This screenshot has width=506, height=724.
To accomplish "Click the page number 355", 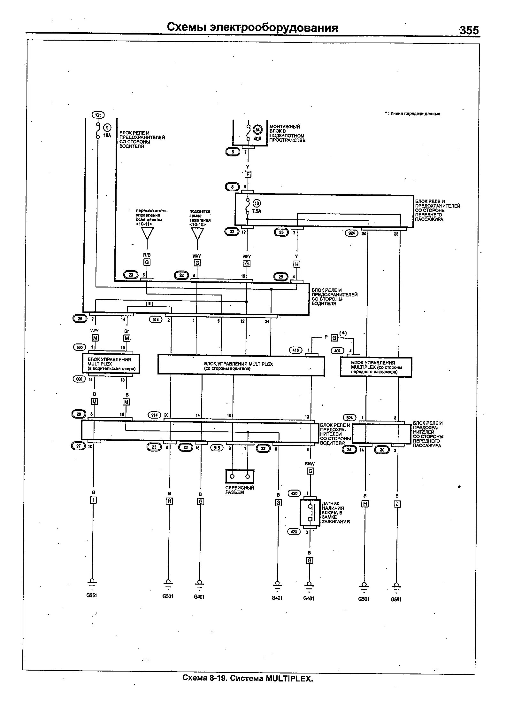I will (x=469, y=30).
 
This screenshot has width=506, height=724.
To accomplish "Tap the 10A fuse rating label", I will (x=107, y=135).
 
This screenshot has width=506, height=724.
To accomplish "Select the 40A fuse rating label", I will (x=257, y=139).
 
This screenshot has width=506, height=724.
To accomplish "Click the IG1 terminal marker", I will (x=98, y=115).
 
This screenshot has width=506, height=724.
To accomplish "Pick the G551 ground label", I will (x=91, y=595).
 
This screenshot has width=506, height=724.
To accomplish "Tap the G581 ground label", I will (x=396, y=599).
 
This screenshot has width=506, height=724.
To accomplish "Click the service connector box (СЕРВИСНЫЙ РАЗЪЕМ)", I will (x=240, y=476).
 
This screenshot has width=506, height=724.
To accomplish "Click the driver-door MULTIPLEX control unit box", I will (x=111, y=364).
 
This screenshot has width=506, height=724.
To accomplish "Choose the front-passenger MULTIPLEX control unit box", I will (x=376, y=367).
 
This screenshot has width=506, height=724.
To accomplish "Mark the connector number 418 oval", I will (x=295, y=350).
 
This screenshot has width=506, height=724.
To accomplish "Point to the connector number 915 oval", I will (x=217, y=448).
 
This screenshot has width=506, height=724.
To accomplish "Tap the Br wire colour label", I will (x=126, y=331).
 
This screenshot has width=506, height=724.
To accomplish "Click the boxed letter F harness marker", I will (x=248, y=174).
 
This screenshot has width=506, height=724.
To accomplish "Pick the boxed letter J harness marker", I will (x=397, y=504).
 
